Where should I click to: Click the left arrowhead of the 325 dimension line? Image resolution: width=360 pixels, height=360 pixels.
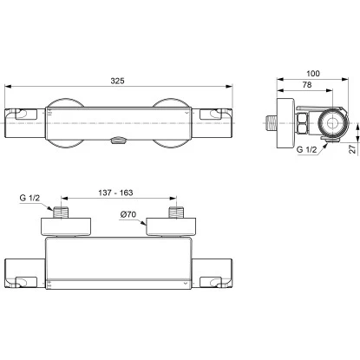click(9, 88)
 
